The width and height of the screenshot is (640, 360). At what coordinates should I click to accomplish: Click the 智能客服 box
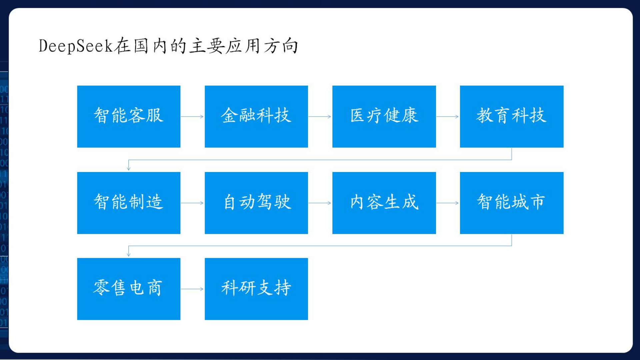129,116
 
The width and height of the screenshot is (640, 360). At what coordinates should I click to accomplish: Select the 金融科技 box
256,116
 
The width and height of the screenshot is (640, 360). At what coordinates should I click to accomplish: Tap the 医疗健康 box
384,116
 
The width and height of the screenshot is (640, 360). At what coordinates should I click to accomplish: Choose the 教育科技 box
512,116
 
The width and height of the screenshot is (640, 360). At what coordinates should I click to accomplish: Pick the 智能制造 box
129,203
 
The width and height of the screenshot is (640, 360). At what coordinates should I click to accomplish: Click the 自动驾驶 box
256,203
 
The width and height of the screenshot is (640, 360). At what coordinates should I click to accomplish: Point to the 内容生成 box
384,203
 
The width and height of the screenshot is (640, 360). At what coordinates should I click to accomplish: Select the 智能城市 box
512,203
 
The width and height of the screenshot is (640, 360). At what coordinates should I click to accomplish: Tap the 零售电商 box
129,289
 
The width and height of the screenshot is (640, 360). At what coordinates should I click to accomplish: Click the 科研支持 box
256,289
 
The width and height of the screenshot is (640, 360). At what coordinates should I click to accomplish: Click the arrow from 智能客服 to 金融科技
192,117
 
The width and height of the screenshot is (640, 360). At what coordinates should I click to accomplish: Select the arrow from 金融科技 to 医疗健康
320,117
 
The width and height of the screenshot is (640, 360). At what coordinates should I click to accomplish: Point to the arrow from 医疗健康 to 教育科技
448,117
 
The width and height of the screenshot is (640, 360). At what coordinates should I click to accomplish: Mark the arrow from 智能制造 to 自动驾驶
192,203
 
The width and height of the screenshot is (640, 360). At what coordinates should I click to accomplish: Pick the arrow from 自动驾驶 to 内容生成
320,203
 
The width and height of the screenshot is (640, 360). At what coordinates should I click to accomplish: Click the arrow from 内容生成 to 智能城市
448,203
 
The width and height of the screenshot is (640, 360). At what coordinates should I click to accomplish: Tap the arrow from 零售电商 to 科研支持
192,289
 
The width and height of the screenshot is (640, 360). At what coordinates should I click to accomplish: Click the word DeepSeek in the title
76,46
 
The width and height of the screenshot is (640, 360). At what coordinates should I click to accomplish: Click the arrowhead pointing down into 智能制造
129,169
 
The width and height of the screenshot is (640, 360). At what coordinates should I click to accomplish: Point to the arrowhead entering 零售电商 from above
129,255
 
